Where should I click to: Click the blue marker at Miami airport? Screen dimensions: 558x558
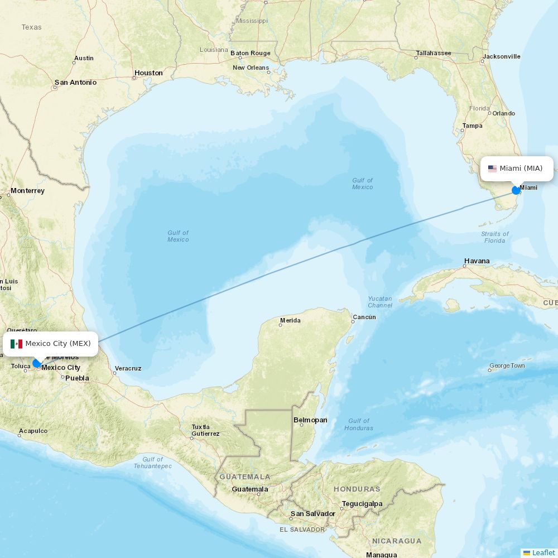pos(516,190)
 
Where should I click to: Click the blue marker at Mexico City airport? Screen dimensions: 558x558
pos(37,363)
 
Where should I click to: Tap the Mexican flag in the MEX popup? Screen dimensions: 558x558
pos(16,344)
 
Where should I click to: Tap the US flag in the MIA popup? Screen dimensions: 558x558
pos(492,169)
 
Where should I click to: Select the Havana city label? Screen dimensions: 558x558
pos(477,261)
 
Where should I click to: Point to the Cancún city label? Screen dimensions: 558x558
pos(364,317)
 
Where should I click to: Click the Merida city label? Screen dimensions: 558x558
pos(290,320)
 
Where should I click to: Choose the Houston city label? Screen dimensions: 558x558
pos(148,73)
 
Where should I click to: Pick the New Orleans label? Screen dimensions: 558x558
pos(251,68)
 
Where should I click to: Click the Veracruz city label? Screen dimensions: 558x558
pos(128,368)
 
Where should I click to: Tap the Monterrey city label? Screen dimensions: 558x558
pos(27,191)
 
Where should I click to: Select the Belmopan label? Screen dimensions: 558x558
pos(310,420)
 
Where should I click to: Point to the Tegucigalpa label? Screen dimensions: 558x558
pos(362,503)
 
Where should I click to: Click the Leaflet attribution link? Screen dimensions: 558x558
pos(543,552)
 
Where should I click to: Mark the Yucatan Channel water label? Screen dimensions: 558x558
pos(380,302)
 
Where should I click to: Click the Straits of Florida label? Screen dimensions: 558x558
pos(494,237)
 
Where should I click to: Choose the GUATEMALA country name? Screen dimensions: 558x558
pos(245,477)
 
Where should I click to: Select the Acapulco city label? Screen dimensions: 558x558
pos(33,431)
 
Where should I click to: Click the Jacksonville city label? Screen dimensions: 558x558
pos(502,56)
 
